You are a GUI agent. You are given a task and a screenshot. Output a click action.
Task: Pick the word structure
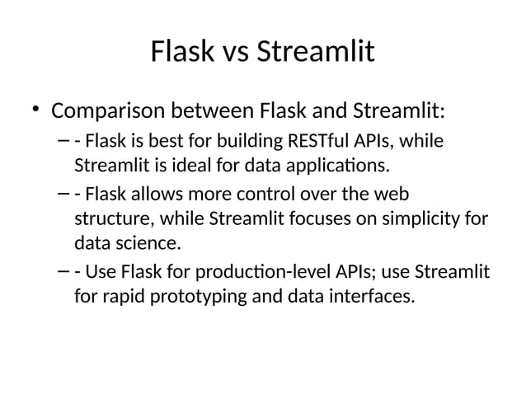click(108, 220)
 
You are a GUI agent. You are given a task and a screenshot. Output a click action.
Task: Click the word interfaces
click(368, 296)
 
